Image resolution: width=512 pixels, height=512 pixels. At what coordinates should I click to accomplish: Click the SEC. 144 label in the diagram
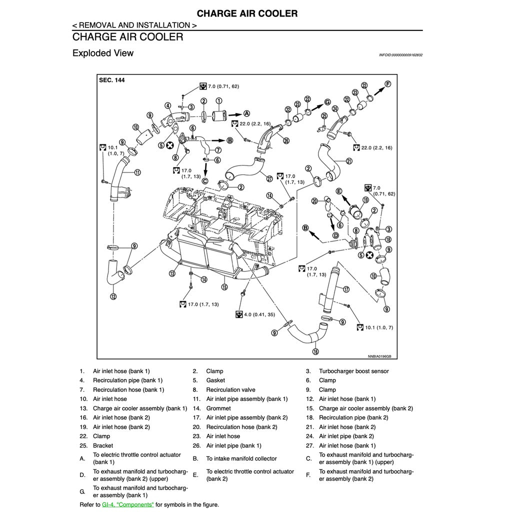tap(112, 80)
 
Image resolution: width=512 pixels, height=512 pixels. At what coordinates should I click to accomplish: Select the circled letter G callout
tap(327, 101)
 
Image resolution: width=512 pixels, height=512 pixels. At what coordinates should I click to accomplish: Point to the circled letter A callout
tap(246, 113)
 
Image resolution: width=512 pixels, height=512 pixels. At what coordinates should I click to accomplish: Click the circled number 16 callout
tap(315, 351)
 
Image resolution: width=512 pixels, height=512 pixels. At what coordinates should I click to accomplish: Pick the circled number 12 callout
tap(113, 296)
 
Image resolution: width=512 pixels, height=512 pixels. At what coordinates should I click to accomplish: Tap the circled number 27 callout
tap(269, 178)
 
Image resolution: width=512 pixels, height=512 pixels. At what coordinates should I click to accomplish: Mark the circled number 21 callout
tap(349, 161)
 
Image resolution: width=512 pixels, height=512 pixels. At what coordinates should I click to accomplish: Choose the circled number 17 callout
tap(346, 289)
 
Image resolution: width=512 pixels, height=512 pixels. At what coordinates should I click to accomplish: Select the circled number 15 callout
tap(225, 287)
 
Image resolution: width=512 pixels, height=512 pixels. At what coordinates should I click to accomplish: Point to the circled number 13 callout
tap(172, 273)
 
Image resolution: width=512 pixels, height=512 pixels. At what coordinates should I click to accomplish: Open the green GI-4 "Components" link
tap(128, 505)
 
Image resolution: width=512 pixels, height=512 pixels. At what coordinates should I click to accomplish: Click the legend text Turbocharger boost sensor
tap(353, 371)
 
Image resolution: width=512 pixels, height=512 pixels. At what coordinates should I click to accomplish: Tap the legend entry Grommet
tap(218, 408)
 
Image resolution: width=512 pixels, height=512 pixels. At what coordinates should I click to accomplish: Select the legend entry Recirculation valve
tap(230, 390)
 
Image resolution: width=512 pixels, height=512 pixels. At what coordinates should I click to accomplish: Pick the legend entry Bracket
tap(103, 445)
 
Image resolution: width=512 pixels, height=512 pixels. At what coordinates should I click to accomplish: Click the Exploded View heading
tap(103, 53)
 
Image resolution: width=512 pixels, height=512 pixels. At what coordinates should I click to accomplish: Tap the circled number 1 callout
tap(219, 101)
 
